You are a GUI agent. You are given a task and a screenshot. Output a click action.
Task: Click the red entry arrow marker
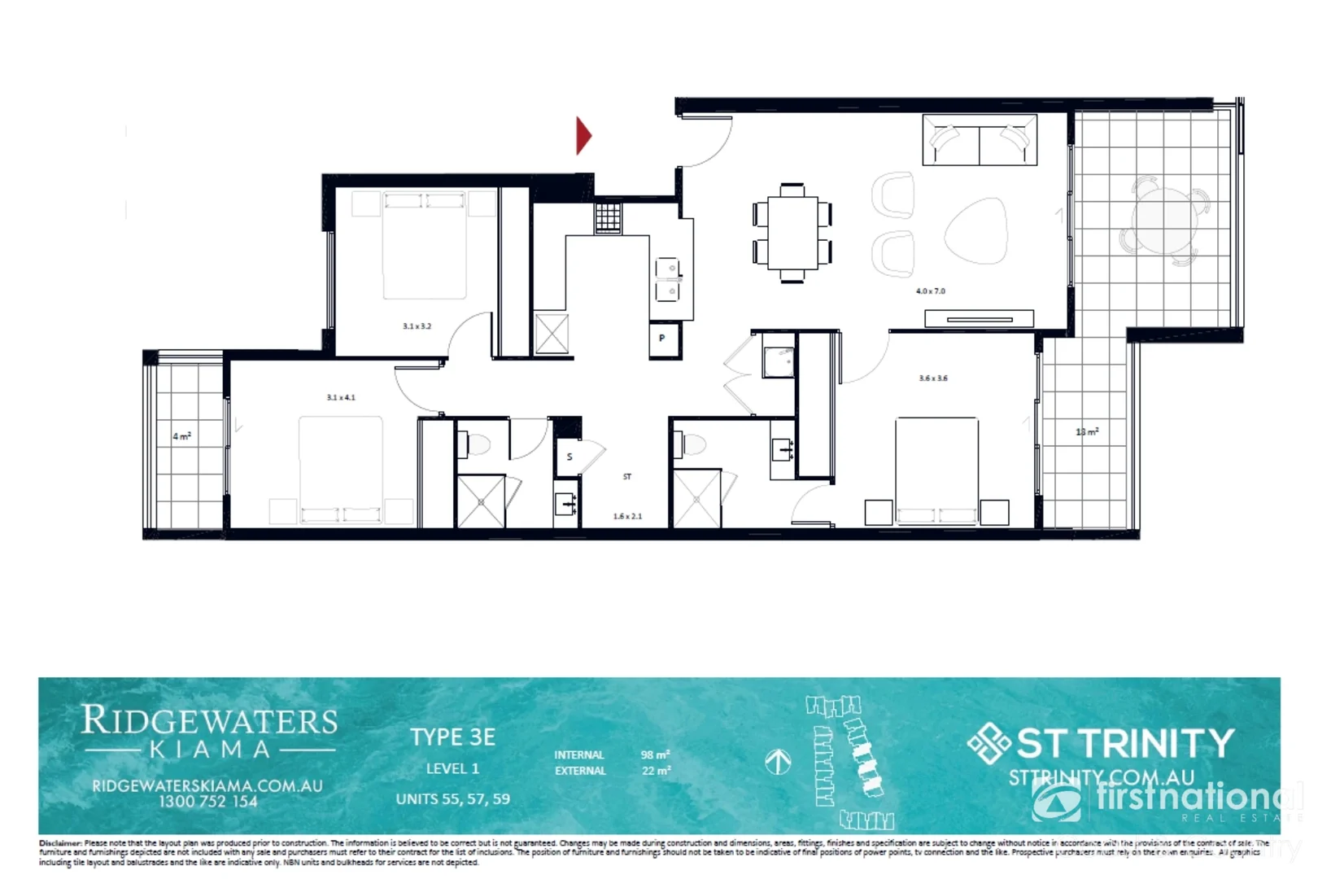tap(583, 136)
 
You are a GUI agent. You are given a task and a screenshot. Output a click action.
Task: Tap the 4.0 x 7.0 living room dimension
tap(930, 291)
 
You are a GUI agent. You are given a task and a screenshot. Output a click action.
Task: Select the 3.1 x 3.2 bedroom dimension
tap(417, 326)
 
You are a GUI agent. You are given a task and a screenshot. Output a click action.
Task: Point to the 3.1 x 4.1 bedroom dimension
tap(340, 397)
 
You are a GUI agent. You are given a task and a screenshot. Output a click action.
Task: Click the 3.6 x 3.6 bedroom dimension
tap(932, 378)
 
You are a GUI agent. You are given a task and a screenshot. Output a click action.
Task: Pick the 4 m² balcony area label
tap(181, 436)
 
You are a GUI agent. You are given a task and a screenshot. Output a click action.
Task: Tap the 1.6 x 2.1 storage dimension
tap(626, 516)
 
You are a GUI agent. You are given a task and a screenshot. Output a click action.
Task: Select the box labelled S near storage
tap(569, 457)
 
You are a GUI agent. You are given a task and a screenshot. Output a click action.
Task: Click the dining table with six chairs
tap(792, 233)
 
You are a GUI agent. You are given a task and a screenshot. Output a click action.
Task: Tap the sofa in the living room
tap(979, 141)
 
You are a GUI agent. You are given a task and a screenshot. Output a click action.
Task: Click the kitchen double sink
tap(667, 279)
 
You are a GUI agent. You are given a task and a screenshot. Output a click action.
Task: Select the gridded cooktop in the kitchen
tap(608, 218)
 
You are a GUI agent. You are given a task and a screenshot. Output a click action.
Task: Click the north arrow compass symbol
tap(778, 762)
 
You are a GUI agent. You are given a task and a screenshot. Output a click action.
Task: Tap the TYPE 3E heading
tap(452, 737)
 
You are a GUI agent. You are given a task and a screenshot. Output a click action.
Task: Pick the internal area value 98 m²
tap(655, 754)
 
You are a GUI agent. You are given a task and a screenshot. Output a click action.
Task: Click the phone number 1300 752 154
tap(207, 802)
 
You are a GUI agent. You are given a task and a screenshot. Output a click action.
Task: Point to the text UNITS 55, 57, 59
tap(452, 799)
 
